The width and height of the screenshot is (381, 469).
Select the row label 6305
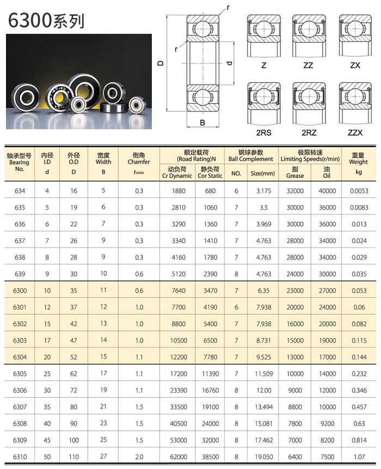coord(20,374)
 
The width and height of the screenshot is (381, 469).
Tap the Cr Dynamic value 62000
coord(177,456)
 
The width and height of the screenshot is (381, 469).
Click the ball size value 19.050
coord(264,456)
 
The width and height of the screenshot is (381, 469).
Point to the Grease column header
coord(295,172)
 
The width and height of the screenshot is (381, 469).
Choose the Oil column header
coord(327,172)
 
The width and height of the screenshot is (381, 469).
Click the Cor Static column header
coord(210,172)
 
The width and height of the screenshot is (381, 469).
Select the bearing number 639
coord(20,274)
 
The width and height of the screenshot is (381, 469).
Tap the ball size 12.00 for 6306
coord(264,390)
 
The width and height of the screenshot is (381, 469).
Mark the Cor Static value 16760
coord(210,390)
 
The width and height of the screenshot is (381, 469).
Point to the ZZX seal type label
coord(354,133)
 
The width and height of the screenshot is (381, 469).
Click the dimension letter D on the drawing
coord(161,63)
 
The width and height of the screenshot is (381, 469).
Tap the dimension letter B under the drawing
coord(202,123)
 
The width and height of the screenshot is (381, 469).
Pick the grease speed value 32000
coord(295,191)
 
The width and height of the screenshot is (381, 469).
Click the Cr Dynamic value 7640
coord(177,291)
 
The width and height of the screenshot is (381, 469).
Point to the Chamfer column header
coord(139,161)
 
